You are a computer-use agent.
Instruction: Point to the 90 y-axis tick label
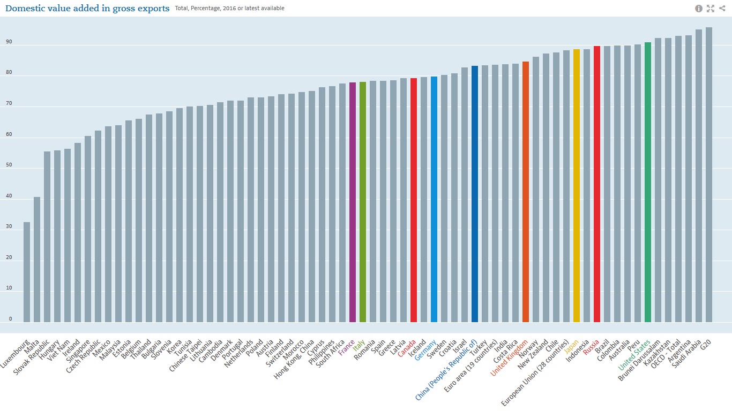(10, 42)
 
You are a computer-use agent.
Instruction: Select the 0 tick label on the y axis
(10, 319)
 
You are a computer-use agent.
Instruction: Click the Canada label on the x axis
(407, 348)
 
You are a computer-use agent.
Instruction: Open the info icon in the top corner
(699, 9)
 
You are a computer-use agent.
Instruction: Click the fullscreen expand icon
(711, 9)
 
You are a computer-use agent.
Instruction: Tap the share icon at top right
(722, 9)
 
